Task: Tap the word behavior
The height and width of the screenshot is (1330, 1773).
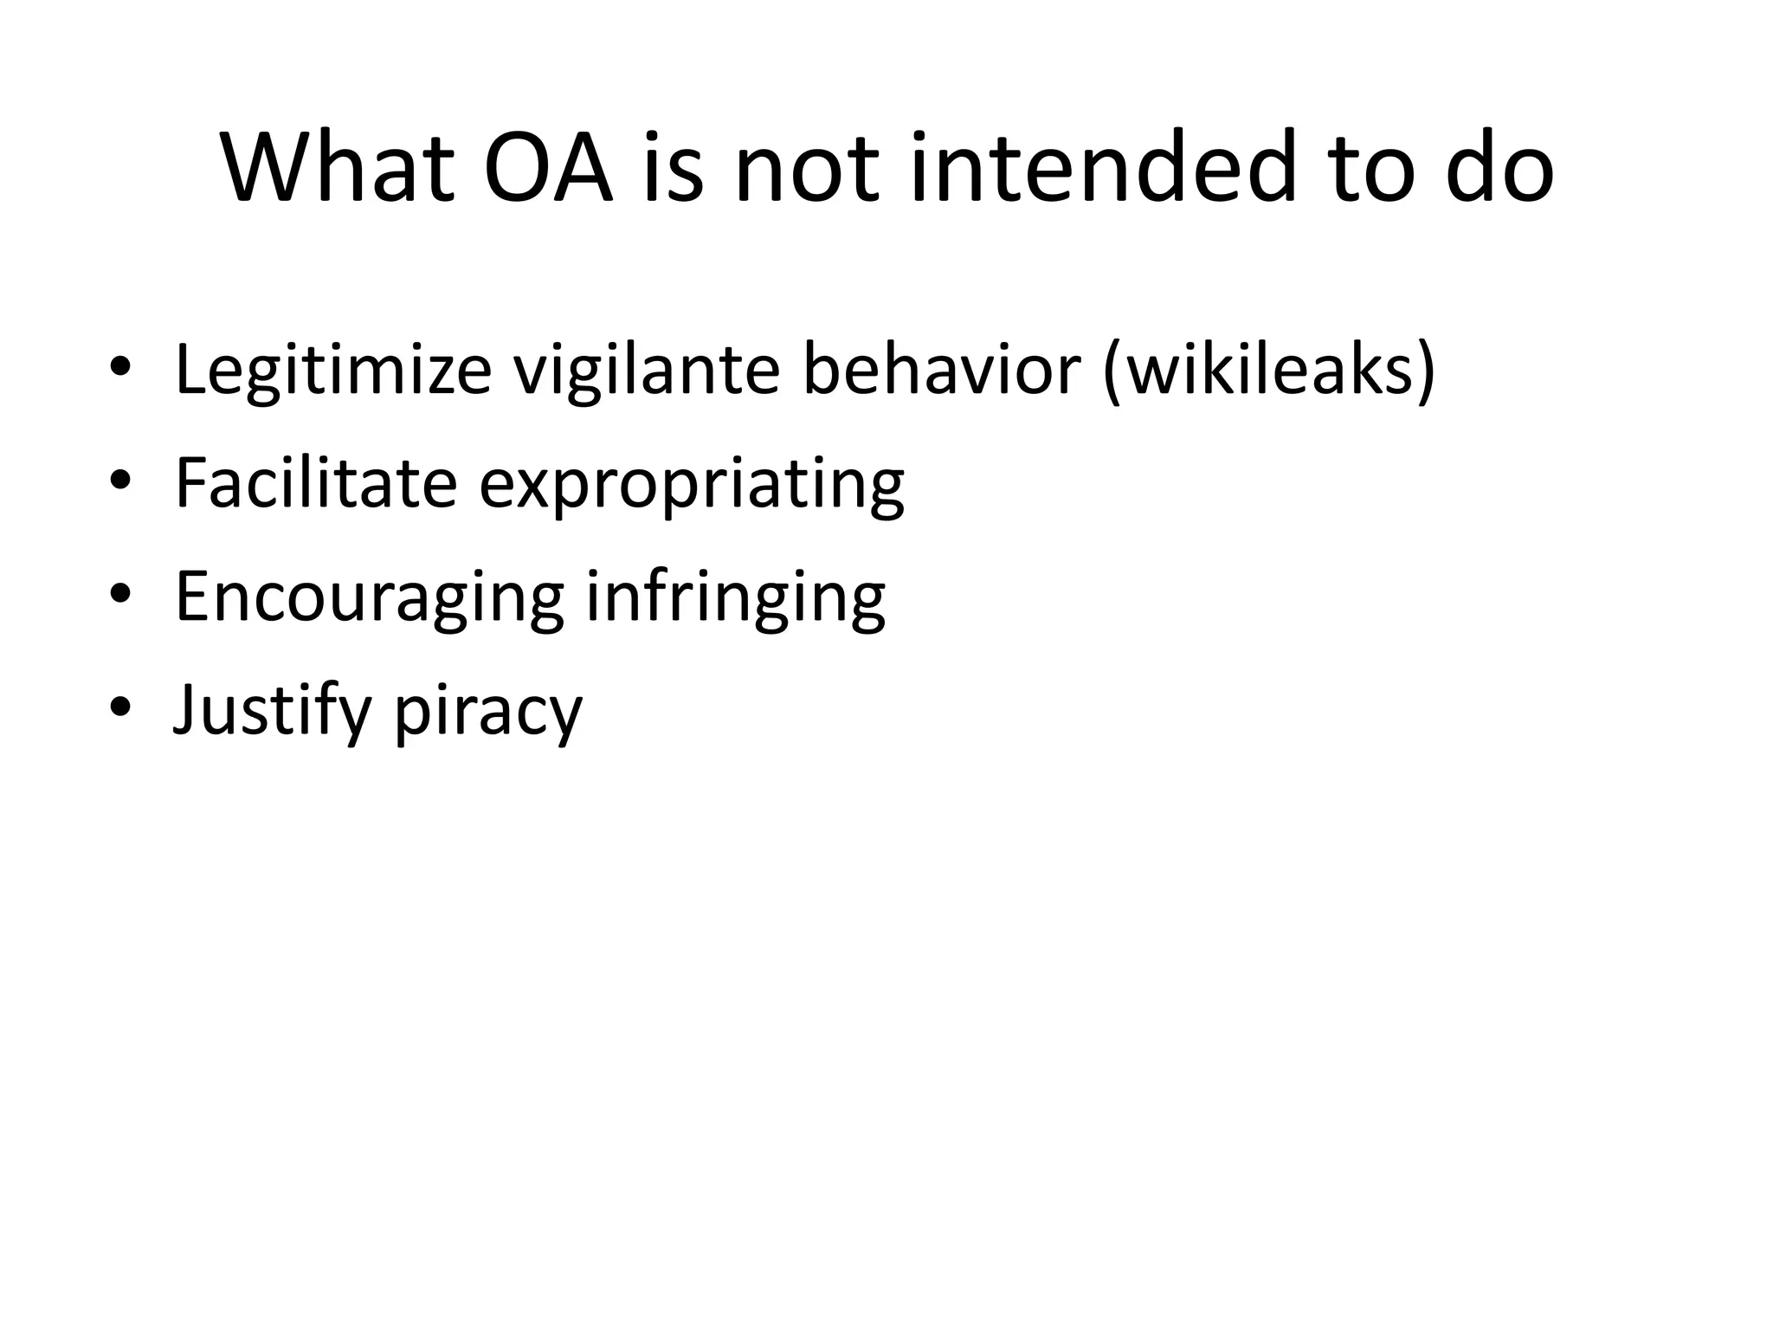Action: (942, 371)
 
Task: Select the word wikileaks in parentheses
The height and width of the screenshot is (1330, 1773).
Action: (1270, 371)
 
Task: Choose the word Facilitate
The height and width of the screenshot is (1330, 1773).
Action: (316, 483)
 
